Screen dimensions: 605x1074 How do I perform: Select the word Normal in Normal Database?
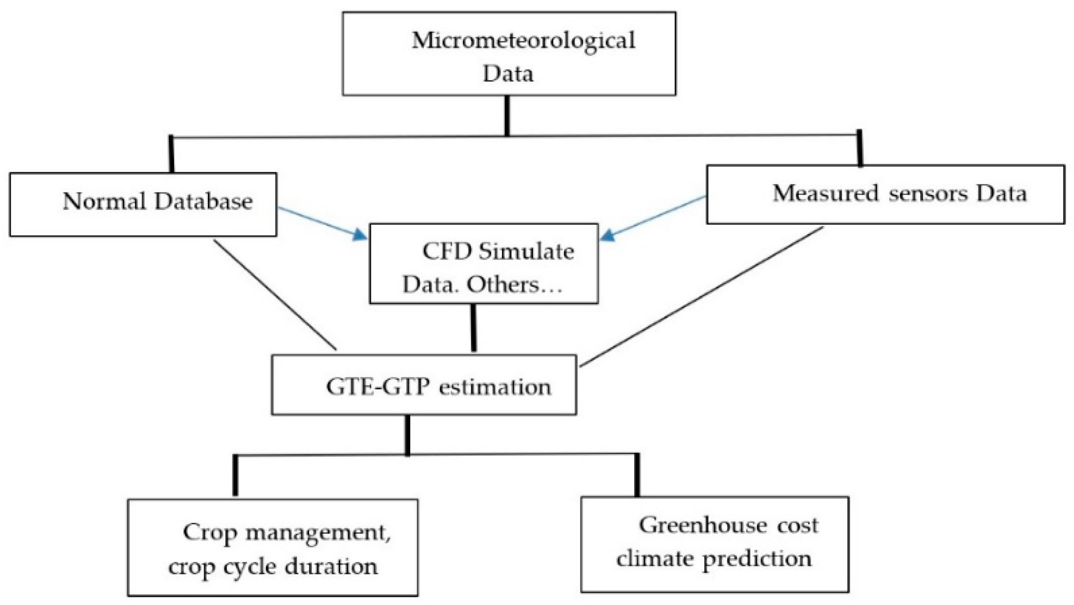coord(104,201)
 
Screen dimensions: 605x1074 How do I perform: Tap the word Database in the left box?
coord(203,201)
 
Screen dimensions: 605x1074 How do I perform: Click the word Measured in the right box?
coord(825,193)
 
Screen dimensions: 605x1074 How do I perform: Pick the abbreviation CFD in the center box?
coord(447,251)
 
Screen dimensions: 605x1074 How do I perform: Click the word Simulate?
coord(526,251)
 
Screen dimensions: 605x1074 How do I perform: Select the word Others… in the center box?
coord(514,285)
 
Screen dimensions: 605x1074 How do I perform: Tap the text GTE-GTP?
coord(378,387)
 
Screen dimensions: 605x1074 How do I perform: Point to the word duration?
coord(331,566)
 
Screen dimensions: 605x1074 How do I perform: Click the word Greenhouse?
coord(703,525)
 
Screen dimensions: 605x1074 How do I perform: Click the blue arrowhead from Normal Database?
coord(360,234)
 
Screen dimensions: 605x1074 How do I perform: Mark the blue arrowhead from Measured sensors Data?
coord(608,235)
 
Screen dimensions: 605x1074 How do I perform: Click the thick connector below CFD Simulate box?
coord(473,328)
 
